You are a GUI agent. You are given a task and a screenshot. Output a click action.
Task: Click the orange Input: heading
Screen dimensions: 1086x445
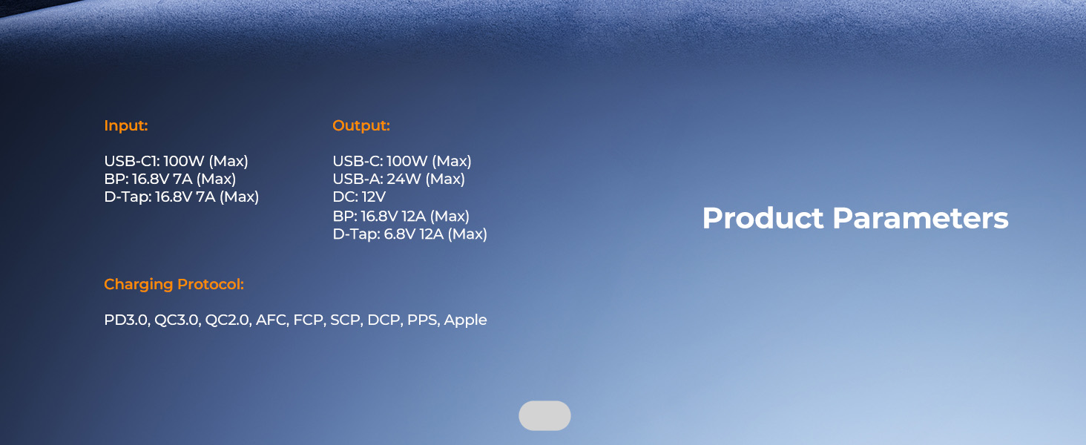pos(126,125)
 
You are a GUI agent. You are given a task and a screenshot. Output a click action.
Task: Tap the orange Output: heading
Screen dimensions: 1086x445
pos(361,125)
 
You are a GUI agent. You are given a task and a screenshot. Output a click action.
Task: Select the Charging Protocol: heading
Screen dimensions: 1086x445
pos(174,284)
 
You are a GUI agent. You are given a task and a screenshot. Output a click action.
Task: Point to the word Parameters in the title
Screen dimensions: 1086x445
pos(921,218)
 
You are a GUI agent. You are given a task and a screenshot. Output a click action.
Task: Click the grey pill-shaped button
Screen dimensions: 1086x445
pos(545,415)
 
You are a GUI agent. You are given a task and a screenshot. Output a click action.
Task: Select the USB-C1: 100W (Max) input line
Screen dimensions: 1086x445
pos(176,161)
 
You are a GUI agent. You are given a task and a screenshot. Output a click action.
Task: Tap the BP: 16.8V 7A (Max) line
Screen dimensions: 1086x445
pos(170,179)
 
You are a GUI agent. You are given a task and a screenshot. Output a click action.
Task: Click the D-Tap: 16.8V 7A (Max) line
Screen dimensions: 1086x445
pos(181,197)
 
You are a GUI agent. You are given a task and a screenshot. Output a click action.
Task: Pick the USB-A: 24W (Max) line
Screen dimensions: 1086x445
pos(398,179)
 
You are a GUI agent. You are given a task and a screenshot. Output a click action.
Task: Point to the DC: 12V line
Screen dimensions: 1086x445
pos(359,197)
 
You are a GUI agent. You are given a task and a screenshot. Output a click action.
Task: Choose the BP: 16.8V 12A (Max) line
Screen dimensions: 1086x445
pos(401,217)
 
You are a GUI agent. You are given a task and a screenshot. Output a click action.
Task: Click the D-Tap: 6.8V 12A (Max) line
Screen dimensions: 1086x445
pos(409,234)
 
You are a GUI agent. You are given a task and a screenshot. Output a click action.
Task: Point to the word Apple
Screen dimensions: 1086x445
pos(465,320)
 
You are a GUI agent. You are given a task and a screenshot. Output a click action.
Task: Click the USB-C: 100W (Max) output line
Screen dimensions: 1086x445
pos(402,161)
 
